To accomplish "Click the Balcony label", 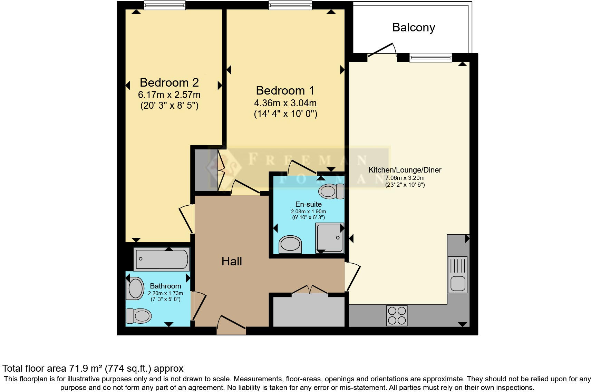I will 413,27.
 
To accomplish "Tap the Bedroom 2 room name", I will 169,82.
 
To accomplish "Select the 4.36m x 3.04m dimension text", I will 285,103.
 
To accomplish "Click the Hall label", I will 232,261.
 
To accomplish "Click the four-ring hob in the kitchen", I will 397,315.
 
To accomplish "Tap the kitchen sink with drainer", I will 457,275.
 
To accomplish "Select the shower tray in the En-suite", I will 330,238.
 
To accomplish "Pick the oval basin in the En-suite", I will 290,244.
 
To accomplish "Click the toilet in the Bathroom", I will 139,315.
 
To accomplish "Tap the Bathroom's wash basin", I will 136,288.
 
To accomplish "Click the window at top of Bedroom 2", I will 164,5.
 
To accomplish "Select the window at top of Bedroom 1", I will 290,5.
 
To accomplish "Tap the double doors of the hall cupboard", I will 310,290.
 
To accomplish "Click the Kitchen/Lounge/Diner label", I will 405,170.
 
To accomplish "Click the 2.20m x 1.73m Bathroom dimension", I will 165,293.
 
